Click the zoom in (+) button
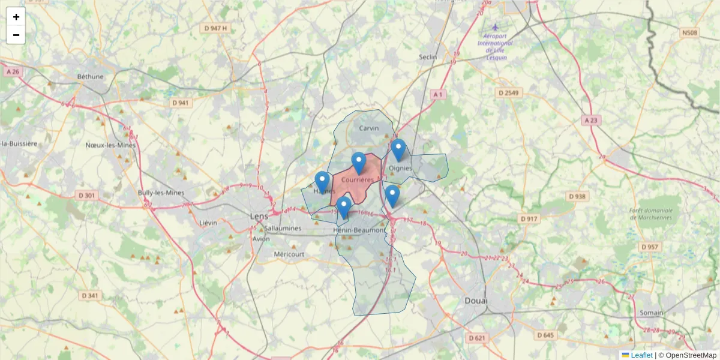pos(16,17)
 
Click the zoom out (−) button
pos(16,35)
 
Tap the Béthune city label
pos(91,77)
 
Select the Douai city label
pos(476,300)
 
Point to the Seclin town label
pos(428,57)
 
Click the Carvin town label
pos(369,128)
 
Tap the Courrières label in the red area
pos(358,179)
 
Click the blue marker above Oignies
pos(398,149)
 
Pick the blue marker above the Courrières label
pos(359,163)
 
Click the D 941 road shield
pos(180,103)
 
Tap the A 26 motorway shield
pos(12,71)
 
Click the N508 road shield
pos(689,32)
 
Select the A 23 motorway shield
pos(591,121)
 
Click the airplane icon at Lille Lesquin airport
pos(495,27)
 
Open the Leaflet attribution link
pos(641,355)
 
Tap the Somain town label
pos(651,313)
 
